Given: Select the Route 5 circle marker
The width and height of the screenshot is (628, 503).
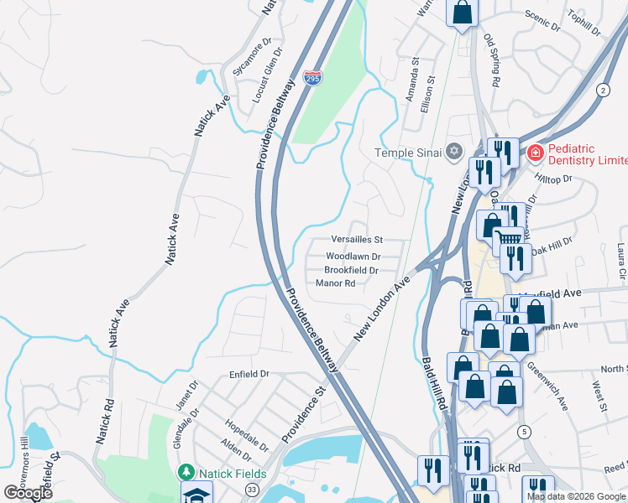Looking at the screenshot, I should pos(524,432).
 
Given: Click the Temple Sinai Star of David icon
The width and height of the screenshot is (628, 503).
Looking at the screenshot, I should pos(454,152).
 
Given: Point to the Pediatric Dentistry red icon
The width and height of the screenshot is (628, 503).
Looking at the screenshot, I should pos(534,153).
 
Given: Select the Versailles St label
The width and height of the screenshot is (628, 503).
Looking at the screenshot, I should pos(356,240).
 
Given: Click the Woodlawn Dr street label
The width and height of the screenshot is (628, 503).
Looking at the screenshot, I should pos(353,256).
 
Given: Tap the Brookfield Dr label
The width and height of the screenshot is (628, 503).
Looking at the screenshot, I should pos(351,270).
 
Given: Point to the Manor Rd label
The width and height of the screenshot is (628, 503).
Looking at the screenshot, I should pos(336,283).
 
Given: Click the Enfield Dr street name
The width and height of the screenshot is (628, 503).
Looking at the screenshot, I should pos(248,375).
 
